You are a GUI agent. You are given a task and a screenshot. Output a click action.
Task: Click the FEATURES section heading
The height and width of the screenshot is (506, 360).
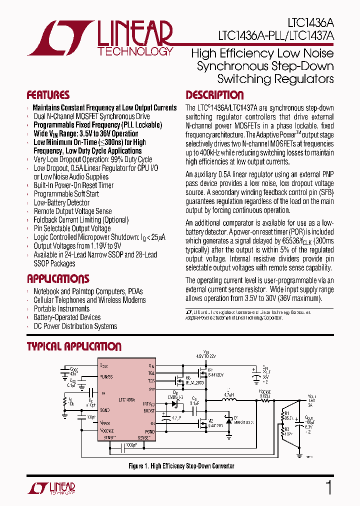(48, 95)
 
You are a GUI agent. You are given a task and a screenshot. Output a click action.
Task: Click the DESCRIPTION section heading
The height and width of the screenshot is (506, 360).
(214, 95)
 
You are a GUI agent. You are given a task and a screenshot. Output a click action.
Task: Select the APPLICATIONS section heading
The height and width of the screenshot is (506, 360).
(58, 279)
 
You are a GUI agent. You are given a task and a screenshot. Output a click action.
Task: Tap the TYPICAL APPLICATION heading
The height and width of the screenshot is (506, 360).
(74, 346)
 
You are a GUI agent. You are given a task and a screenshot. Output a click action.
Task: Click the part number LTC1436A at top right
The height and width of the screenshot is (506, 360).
(310, 23)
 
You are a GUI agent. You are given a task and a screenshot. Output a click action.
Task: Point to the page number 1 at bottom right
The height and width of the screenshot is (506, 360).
(328, 487)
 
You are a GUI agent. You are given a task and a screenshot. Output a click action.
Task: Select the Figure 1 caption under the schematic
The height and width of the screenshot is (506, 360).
(181, 466)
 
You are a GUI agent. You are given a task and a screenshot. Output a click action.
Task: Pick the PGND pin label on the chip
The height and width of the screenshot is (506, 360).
(150, 431)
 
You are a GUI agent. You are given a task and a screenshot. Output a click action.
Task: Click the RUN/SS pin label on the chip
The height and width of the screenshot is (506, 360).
(106, 376)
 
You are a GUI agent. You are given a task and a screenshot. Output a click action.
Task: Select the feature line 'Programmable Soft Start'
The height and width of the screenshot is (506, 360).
(66, 194)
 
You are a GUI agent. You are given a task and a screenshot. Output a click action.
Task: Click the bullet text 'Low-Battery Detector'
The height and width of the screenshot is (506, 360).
(61, 202)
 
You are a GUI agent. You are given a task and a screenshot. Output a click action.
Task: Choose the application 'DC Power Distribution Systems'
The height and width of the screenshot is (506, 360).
(75, 326)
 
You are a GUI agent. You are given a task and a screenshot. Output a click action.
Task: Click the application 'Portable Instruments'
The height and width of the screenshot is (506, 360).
(61, 308)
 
